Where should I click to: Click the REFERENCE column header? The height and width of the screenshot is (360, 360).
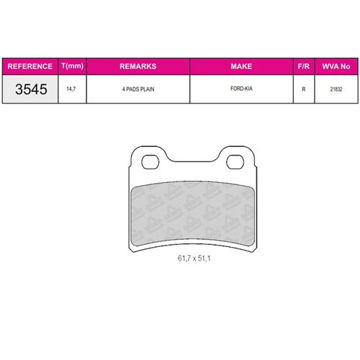(x=29, y=66)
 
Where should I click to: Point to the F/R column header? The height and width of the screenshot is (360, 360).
(x=304, y=66)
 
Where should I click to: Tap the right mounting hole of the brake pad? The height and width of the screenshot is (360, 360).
(x=235, y=162)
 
